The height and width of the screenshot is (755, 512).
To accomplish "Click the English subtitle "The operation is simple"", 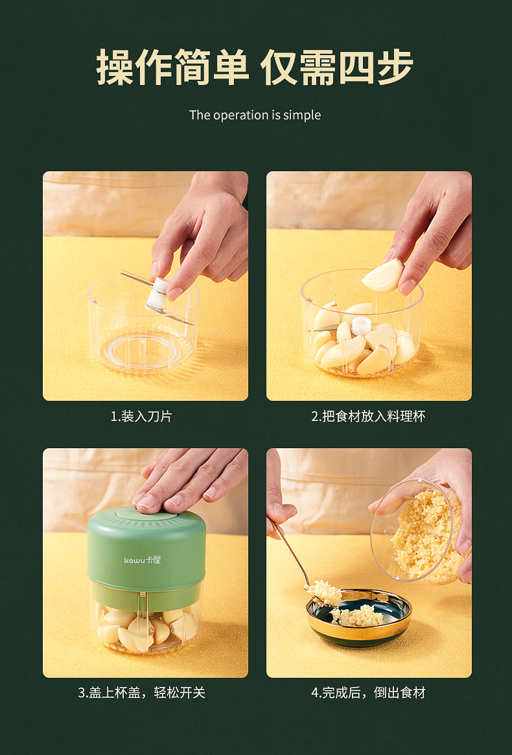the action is [255, 115].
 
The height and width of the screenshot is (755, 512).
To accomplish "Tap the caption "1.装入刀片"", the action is [141, 416].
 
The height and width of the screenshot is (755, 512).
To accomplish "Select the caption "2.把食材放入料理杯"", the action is [368, 416].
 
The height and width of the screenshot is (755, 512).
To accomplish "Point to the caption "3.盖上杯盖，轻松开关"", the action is [141, 693].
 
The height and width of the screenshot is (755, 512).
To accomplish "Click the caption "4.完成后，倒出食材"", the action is [368, 693].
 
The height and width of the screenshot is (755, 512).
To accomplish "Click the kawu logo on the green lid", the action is [143, 560].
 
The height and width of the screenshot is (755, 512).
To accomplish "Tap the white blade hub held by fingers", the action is [157, 295].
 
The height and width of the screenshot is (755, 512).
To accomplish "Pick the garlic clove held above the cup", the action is [383, 276].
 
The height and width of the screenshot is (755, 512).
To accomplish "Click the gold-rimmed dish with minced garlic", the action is [359, 617].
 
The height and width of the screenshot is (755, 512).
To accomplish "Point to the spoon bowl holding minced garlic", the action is [324, 593].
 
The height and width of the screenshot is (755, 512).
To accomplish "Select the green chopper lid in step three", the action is [146, 558].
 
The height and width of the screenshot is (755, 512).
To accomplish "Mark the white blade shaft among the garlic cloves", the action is [361, 326].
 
